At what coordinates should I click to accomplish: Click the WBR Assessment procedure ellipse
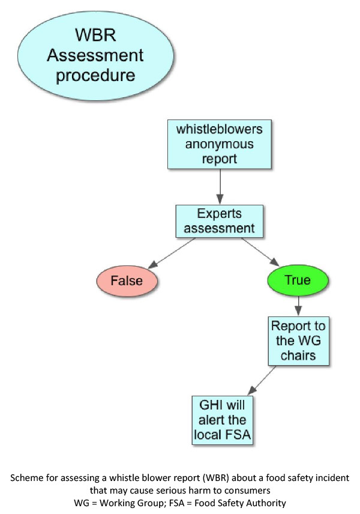(95, 56)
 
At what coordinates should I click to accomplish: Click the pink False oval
(127, 280)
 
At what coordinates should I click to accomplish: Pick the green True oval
(298, 280)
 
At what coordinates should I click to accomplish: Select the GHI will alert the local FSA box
(221, 420)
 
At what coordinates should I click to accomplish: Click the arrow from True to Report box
(298, 305)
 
